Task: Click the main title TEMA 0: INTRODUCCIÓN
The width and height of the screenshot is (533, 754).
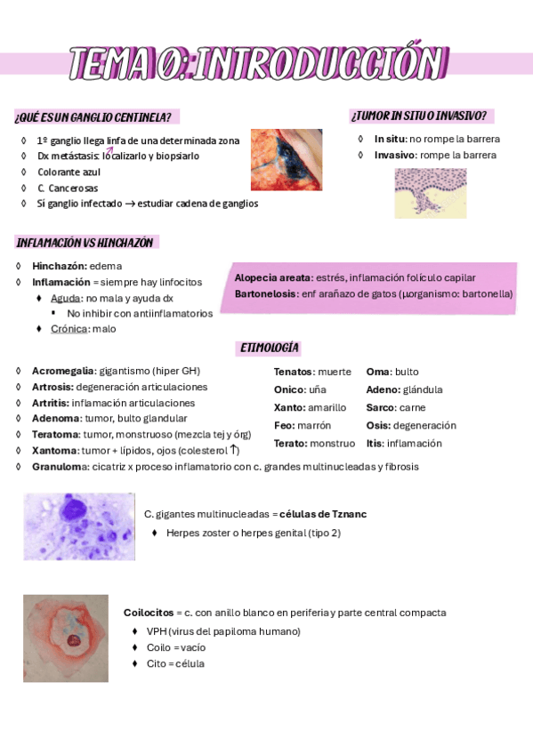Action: (258, 63)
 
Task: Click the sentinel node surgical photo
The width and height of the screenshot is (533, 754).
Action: (287, 160)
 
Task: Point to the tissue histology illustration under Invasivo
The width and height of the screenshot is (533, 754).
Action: (431, 193)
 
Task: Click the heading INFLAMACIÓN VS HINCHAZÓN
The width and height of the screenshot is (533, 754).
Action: (85, 243)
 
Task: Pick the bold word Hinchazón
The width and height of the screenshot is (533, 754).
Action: (59, 266)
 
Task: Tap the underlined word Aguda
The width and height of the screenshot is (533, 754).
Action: (65, 298)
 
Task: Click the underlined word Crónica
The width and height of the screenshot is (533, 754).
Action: (69, 329)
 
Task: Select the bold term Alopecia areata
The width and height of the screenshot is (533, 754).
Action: (272, 278)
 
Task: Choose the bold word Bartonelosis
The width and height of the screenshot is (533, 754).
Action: (265, 294)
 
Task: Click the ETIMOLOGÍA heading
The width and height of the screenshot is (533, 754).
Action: (269, 349)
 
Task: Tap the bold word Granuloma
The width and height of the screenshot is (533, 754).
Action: (58, 467)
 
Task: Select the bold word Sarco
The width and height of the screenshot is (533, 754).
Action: (381, 407)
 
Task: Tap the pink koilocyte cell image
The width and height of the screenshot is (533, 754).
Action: (66, 638)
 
